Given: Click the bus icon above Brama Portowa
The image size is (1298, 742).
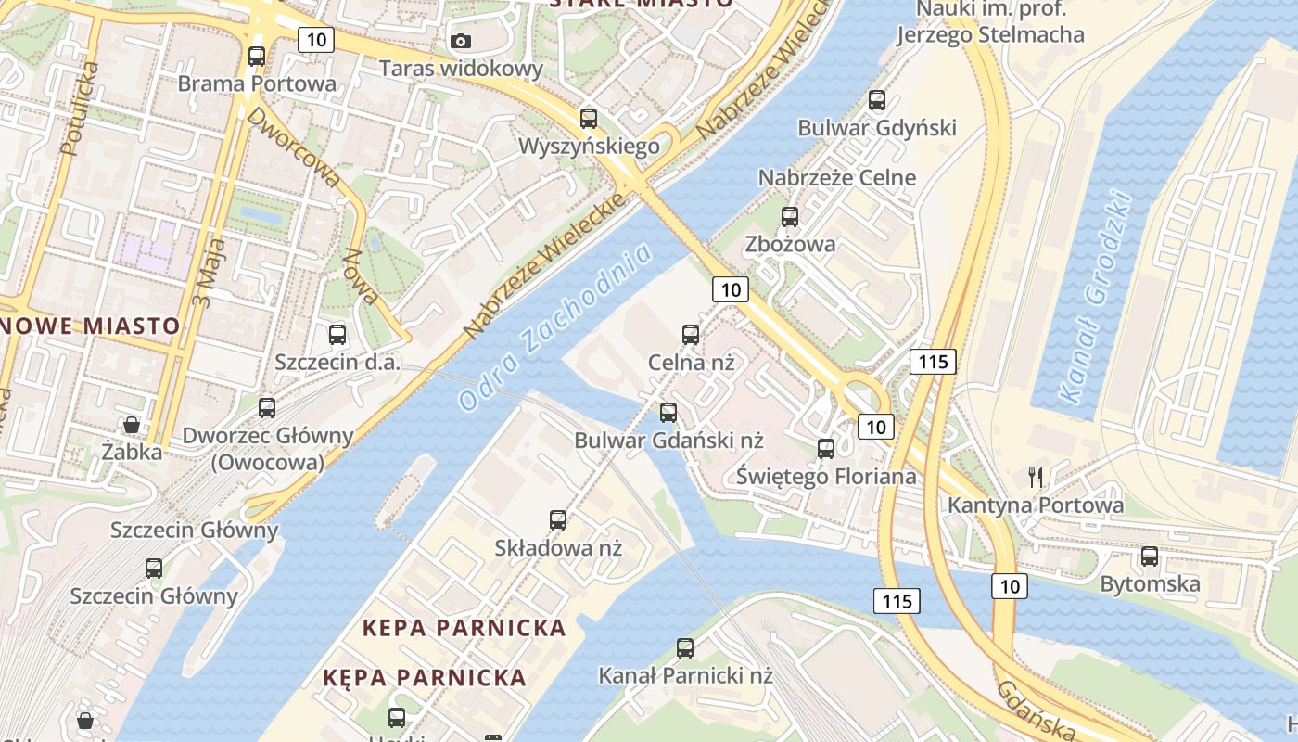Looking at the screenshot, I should point(257,57).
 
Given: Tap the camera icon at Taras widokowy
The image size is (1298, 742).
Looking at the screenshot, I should point(461,41).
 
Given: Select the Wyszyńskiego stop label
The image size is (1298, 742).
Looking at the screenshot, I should point(589,147).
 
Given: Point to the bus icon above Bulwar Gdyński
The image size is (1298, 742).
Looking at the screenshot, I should point(877,100).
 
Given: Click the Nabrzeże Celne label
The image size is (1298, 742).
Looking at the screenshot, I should point(836,177).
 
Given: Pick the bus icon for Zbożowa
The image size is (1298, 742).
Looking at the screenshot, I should point(790,217).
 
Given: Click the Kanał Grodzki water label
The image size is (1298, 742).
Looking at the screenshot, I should point(1096,297).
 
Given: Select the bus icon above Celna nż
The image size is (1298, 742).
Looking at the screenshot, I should point(691,335).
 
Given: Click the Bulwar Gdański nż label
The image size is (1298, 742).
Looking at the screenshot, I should point(668,440).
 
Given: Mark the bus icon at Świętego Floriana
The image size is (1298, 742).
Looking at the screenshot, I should point(826,449).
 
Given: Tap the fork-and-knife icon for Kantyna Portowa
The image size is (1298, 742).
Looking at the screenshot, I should point(1036,478).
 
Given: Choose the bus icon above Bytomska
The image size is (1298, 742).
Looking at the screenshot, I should point(1150,556).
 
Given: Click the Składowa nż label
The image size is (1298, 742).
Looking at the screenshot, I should point(557,547).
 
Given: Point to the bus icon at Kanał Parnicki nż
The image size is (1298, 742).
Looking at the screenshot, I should point(685,648).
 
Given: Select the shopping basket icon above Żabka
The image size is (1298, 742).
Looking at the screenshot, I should point(132,425).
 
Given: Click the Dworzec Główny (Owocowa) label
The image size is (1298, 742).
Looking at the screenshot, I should point(268,448).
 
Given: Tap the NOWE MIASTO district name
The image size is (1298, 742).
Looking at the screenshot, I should point(90,326).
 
